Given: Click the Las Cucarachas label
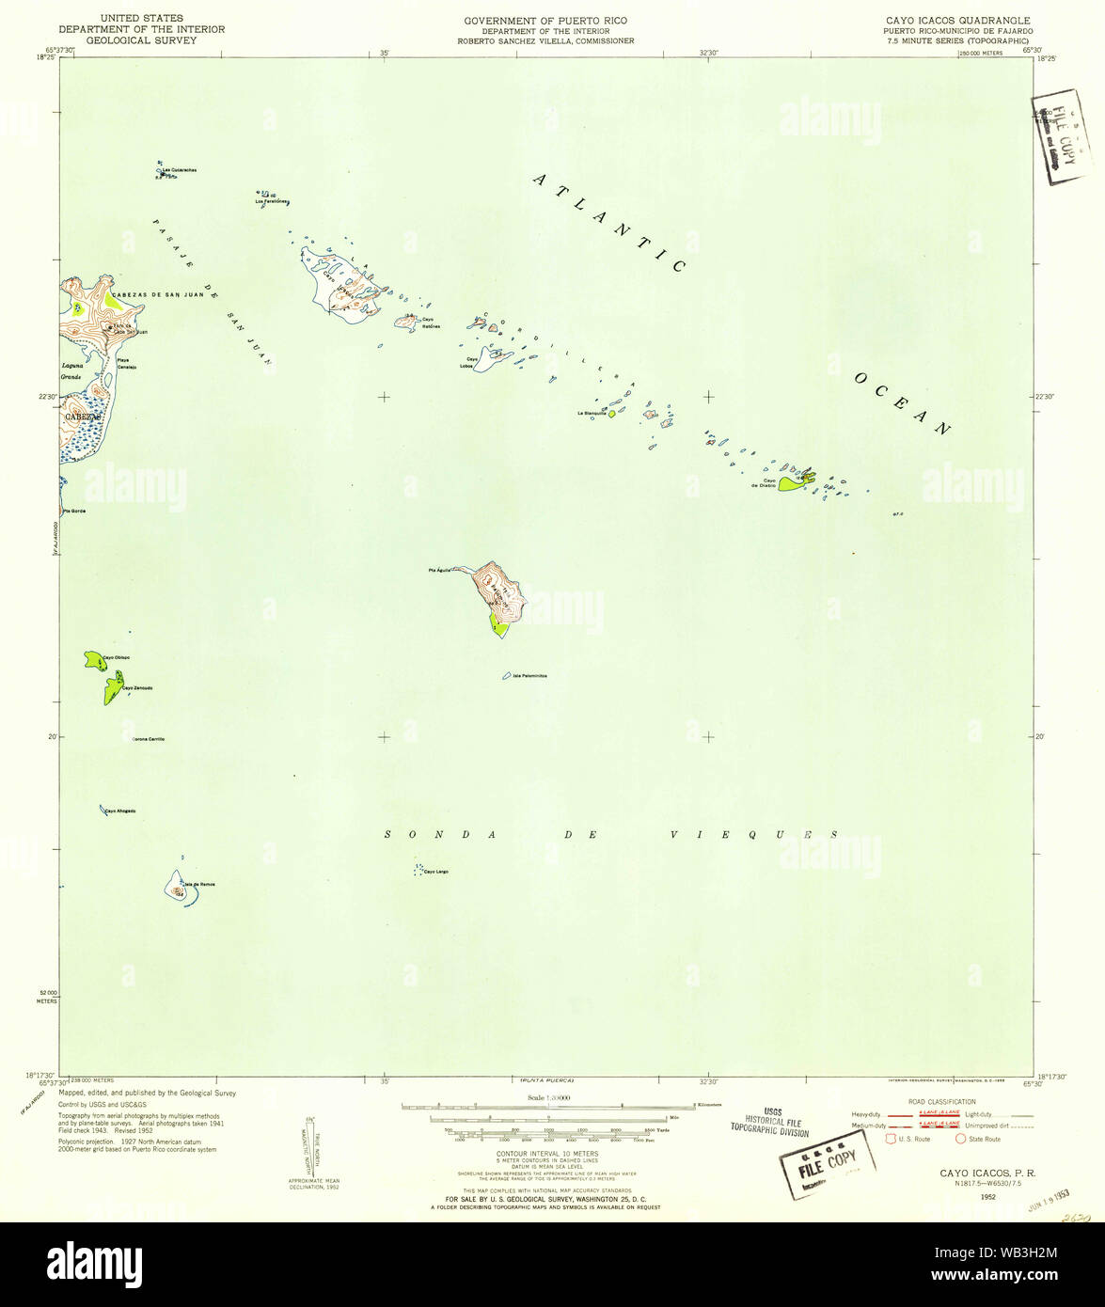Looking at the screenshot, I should point(179,169).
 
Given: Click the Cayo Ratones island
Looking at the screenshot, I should point(406,323).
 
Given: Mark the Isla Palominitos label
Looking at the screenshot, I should point(530,676).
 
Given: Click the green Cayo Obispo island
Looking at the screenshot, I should point(93,661).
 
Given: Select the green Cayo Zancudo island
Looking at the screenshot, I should point(113,688).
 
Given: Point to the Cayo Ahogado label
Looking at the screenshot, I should point(120,811).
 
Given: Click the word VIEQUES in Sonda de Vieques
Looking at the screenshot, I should point(754,834).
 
